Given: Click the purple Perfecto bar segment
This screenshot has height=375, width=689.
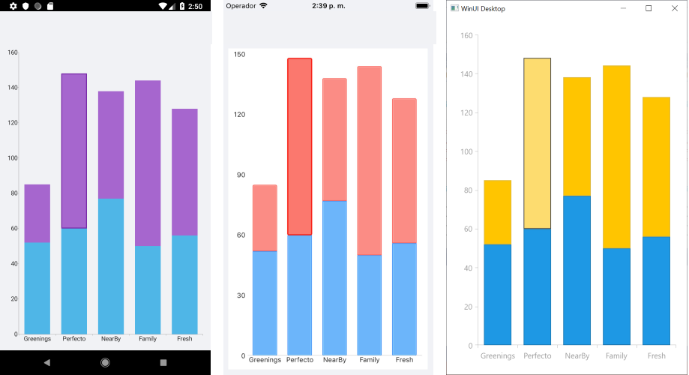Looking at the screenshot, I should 74,150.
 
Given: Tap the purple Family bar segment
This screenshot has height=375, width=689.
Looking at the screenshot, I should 148,163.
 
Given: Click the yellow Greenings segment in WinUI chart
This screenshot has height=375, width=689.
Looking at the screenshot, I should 498,212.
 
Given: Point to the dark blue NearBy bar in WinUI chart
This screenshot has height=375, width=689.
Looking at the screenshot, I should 577,270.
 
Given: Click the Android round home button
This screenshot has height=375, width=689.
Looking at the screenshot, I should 105,362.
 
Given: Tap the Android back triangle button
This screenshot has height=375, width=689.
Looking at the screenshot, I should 46,362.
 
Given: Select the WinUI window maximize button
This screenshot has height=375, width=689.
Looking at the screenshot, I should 649,8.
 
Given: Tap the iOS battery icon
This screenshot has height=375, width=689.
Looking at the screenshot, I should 422,6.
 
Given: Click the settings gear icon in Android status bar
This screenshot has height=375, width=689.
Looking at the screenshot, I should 13,6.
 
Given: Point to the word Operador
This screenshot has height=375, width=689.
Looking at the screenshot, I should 241,6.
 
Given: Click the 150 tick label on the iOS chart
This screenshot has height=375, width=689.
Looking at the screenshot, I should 240,55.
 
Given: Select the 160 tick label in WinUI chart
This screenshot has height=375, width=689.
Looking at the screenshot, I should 466,35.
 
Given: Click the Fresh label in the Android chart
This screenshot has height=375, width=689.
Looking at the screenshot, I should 184,339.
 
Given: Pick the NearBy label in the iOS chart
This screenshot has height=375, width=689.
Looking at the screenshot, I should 334,360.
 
